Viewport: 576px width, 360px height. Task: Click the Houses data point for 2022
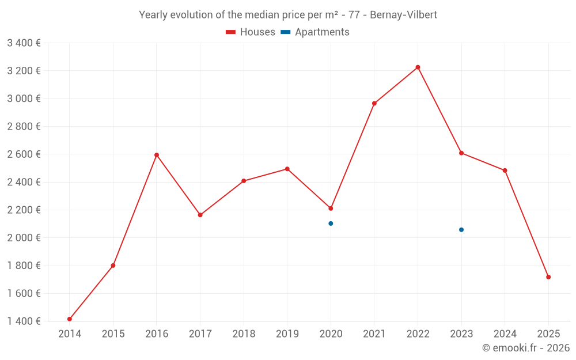(418, 67)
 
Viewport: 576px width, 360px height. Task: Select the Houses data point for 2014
(70, 319)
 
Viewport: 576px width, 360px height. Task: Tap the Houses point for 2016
(157, 155)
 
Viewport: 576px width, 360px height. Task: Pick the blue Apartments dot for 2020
(331, 223)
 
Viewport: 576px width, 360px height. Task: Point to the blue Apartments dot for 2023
(461, 230)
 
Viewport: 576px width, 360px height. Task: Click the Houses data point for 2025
(548, 277)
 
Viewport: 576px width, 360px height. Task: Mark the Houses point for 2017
(200, 215)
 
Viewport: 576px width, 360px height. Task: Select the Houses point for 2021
(374, 104)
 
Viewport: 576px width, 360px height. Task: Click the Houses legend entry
(251, 32)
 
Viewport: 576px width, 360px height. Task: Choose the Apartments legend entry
(316, 32)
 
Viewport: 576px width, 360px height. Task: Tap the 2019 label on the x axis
(287, 334)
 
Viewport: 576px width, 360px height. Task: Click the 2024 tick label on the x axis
(505, 334)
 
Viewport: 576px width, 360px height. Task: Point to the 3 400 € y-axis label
(24, 43)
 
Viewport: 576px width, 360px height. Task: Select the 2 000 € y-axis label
(24, 237)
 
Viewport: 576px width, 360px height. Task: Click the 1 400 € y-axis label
(24, 321)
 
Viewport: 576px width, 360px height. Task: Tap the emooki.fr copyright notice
(525, 348)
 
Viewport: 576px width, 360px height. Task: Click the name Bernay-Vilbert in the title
(403, 15)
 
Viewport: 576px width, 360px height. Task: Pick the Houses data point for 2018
(244, 181)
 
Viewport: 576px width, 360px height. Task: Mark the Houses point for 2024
(505, 170)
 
